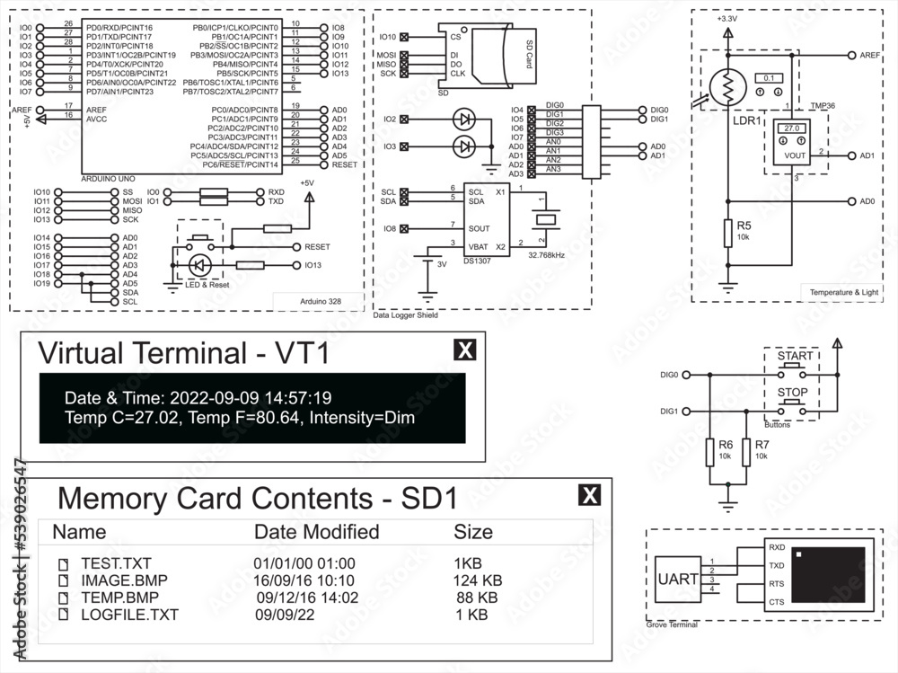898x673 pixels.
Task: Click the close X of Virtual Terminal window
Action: (x=464, y=350)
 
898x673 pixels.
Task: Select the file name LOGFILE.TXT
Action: (x=129, y=615)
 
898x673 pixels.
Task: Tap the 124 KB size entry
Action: (x=478, y=580)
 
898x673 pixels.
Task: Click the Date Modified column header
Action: (x=316, y=531)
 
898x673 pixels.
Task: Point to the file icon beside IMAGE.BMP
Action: (x=64, y=580)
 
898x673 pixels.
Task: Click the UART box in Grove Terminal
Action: (x=677, y=580)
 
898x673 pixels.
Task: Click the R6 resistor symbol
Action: (x=710, y=451)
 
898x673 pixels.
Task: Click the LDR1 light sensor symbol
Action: (x=726, y=86)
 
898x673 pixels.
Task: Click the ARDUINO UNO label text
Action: (x=110, y=178)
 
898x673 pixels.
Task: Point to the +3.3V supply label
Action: (x=726, y=19)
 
